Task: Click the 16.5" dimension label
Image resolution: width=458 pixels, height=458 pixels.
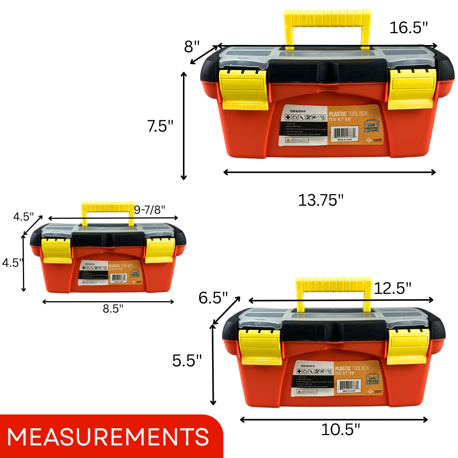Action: coord(408,28)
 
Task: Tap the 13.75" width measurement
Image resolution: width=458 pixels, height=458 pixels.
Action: coord(321,200)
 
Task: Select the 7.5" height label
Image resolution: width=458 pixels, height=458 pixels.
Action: coord(160,126)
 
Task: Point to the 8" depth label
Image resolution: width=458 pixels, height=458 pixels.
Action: coord(192,47)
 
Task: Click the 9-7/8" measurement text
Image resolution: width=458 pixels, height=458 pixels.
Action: coord(150,210)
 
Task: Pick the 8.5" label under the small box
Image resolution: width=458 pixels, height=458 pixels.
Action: coord(113,308)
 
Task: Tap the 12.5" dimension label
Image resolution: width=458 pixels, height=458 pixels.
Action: coord(392,288)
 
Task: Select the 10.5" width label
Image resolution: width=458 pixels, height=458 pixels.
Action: coord(340,429)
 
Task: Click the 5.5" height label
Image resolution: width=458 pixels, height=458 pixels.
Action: coord(187,360)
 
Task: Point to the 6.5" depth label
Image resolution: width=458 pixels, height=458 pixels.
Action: coord(213,298)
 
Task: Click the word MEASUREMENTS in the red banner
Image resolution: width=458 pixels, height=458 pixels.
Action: coord(108,437)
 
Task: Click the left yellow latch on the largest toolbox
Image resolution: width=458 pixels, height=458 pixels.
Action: coord(243,90)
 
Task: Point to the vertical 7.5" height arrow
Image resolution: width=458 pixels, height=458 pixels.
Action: coord(184,126)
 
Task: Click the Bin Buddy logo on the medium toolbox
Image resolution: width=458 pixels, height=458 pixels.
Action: coord(372,379)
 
